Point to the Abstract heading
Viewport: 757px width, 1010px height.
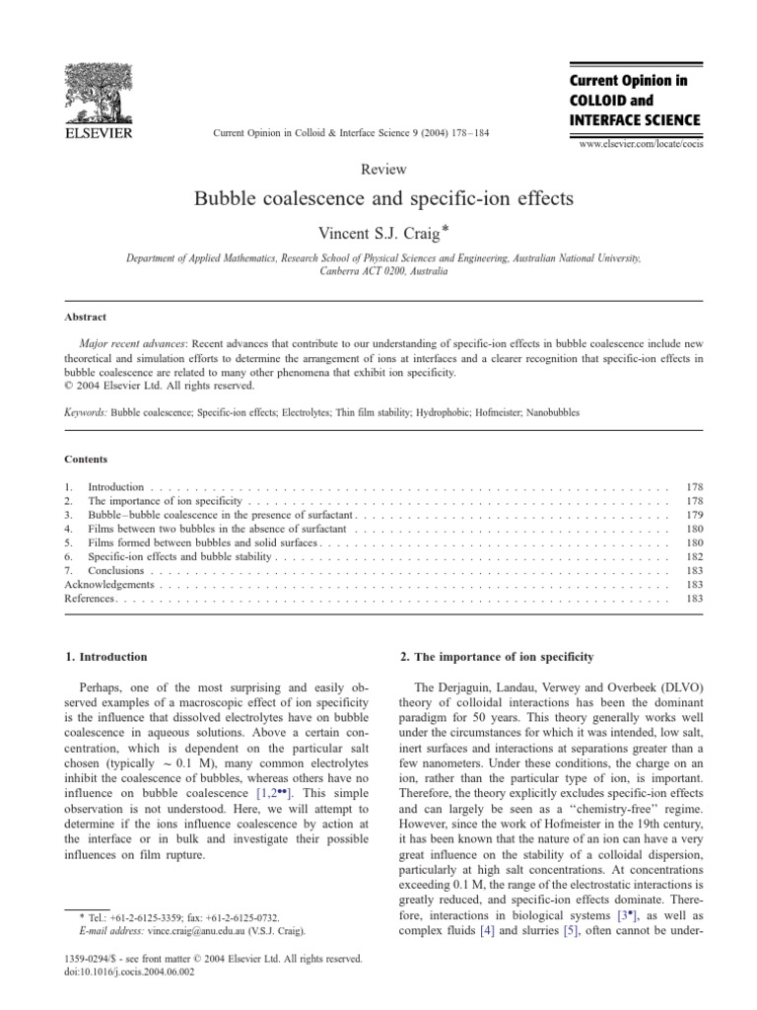86,317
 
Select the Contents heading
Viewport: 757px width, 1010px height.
86,460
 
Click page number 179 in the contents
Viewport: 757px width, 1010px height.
692,515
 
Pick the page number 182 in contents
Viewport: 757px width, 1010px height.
692,556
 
